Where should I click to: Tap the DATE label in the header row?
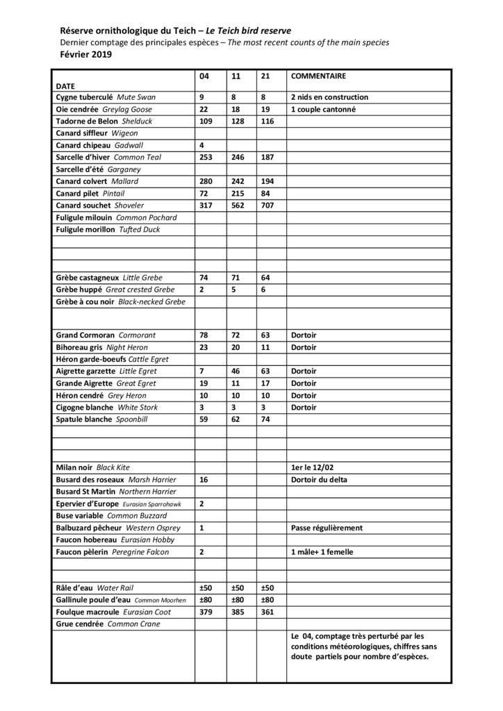click(66, 85)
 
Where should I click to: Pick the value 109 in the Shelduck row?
click(206, 122)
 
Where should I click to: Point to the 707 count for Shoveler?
click(266, 206)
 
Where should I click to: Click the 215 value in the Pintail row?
click(236, 193)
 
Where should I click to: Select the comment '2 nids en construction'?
click(329, 97)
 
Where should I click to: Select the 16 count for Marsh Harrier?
click(204, 480)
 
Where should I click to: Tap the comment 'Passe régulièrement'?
click(327, 528)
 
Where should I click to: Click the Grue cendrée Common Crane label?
click(108, 624)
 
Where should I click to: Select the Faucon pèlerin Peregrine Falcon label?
click(112, 552)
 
